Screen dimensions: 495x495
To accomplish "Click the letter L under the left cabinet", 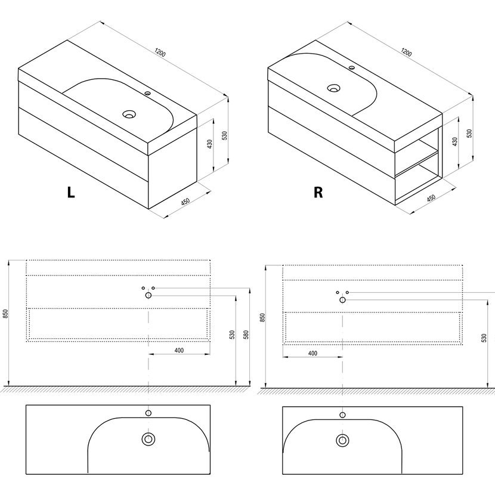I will [71, 192].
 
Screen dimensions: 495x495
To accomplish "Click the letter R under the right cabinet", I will [318, 192].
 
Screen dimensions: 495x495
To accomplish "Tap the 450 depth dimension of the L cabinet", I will [185, 202].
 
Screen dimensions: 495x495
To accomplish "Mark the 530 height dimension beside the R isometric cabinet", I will [469, 132].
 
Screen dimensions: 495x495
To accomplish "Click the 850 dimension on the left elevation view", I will [5, 314].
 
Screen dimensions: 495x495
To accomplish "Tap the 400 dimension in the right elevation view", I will [313, 353].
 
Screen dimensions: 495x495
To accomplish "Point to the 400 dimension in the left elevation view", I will [178, 350].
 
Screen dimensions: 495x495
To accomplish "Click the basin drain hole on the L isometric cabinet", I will [128, 113].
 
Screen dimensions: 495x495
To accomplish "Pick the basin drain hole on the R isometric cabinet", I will [334, 88].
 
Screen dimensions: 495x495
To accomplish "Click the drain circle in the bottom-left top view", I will [147, 440].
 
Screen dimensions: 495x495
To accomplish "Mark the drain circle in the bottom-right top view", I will [342, 440].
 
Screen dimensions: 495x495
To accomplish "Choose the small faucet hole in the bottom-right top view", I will [342, 414].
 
